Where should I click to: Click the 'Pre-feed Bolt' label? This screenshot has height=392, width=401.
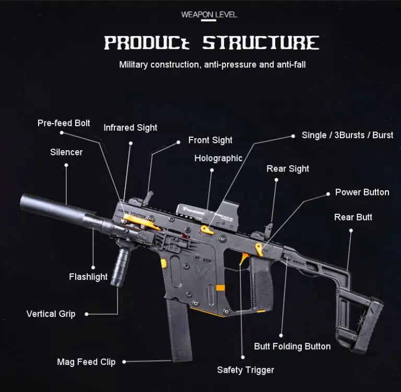pyautogui.click(x=64, y=123)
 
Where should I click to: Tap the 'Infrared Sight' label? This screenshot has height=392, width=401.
pyautogui.click(x=130, y=128)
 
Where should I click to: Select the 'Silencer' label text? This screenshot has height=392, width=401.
pyautogui.click(x=66, y=152)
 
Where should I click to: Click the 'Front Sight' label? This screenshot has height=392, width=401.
pyautogui.click(x=210, y=140)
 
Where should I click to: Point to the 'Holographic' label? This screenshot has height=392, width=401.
pyautogui.click(x=218, y=158)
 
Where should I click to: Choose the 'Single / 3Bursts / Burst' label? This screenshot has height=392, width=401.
pyautogui.click(x=347, y=135)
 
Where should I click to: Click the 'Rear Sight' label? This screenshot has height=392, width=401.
pyautogui.click(x=288, y=169)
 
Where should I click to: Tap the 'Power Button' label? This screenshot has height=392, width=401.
pyautogui.click(x=362, y=192)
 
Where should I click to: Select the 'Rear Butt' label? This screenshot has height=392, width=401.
pyautogui.click(x=353, y=217)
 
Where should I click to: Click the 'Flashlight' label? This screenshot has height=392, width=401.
pyautogui.click(x=88, y=277)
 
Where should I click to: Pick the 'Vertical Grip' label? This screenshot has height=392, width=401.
pyautogui.click(x=51, y=314)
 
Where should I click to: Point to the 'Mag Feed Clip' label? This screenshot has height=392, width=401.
pyautogui.click(x=86, y=362)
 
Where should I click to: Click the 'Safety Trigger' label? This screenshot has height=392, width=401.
pyautogui.click(x=245, y=370)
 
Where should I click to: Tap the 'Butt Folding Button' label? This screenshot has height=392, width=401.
pyautogui.click(x=292, y=346)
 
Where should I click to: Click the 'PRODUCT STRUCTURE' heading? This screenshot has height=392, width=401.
pyautogui.click(x=211, y=43)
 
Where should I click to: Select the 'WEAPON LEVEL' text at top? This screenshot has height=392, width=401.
pyautogui.click(x=209, y=14)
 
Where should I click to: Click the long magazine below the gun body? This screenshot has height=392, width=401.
pyautogui.click(x=181, y=336)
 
